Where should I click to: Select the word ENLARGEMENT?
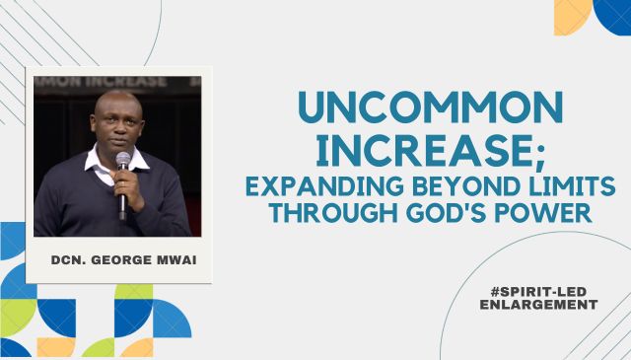[x=538, y=305]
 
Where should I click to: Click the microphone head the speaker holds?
[x=123, y=160]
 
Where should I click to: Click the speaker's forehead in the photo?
[x=113, y=107]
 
